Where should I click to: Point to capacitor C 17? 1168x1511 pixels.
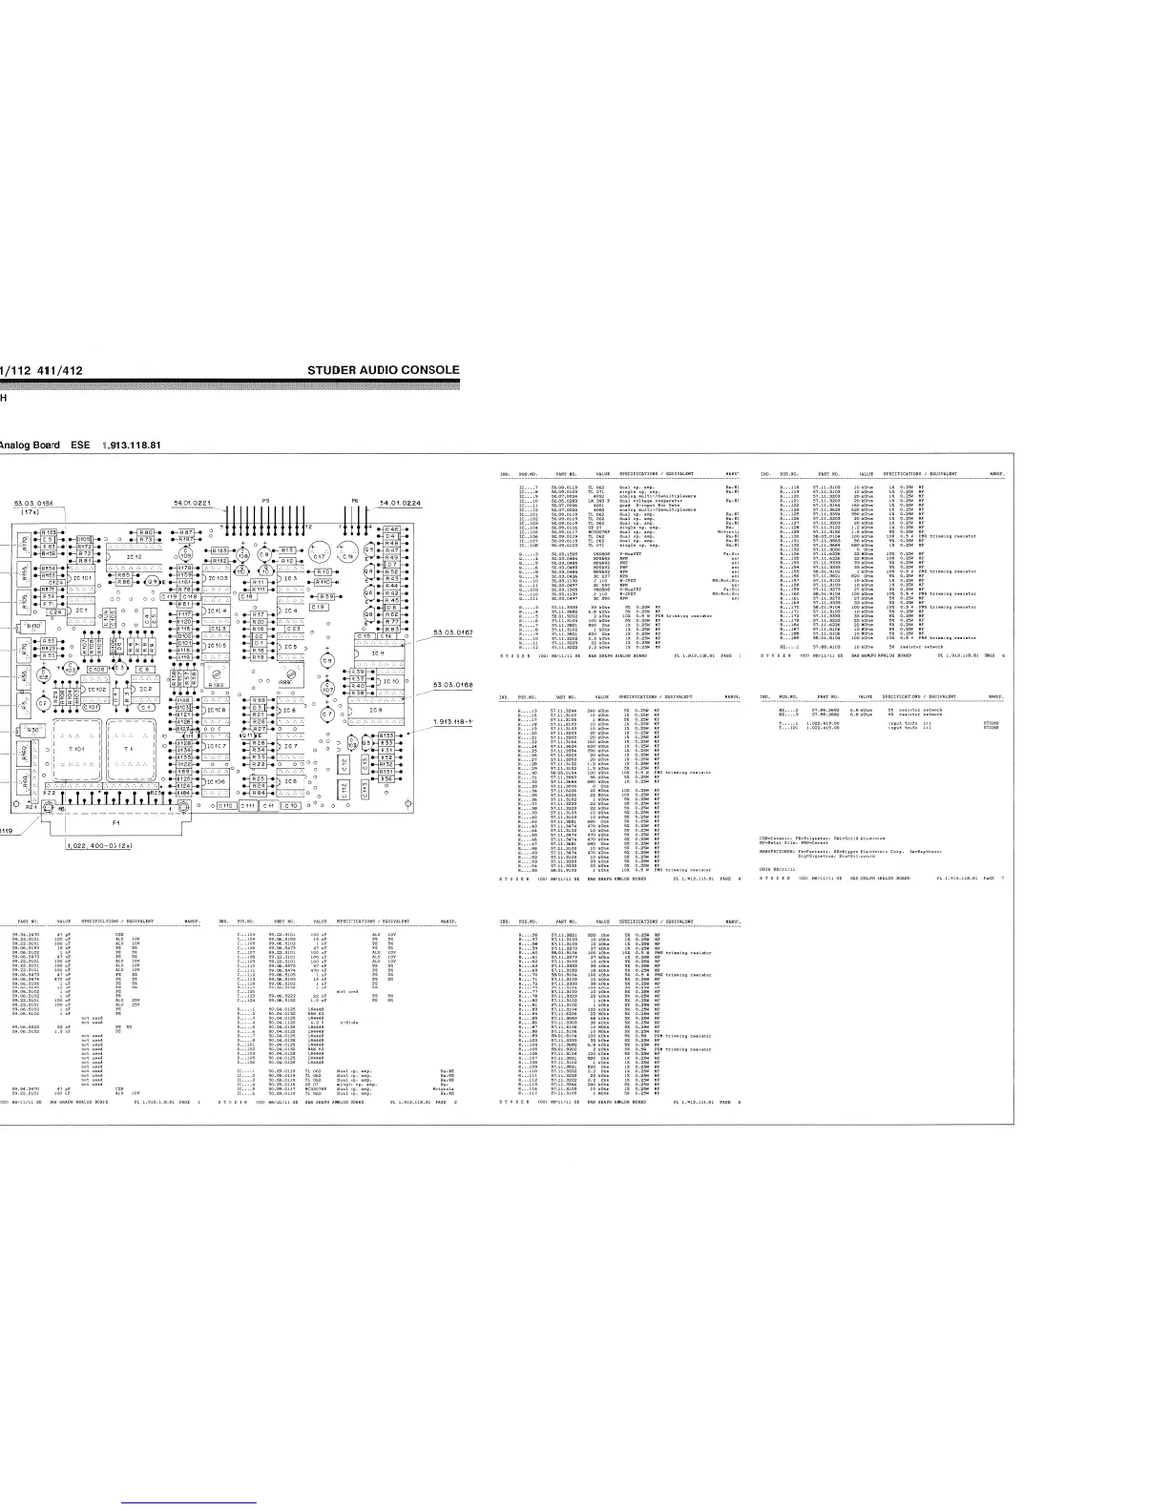click(x=319, y=555)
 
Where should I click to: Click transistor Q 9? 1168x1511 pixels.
click(x=153, y=582)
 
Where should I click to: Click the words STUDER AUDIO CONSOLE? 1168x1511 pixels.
click(x=384, y=370)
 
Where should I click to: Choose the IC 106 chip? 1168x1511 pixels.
click(x=217, y=781)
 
